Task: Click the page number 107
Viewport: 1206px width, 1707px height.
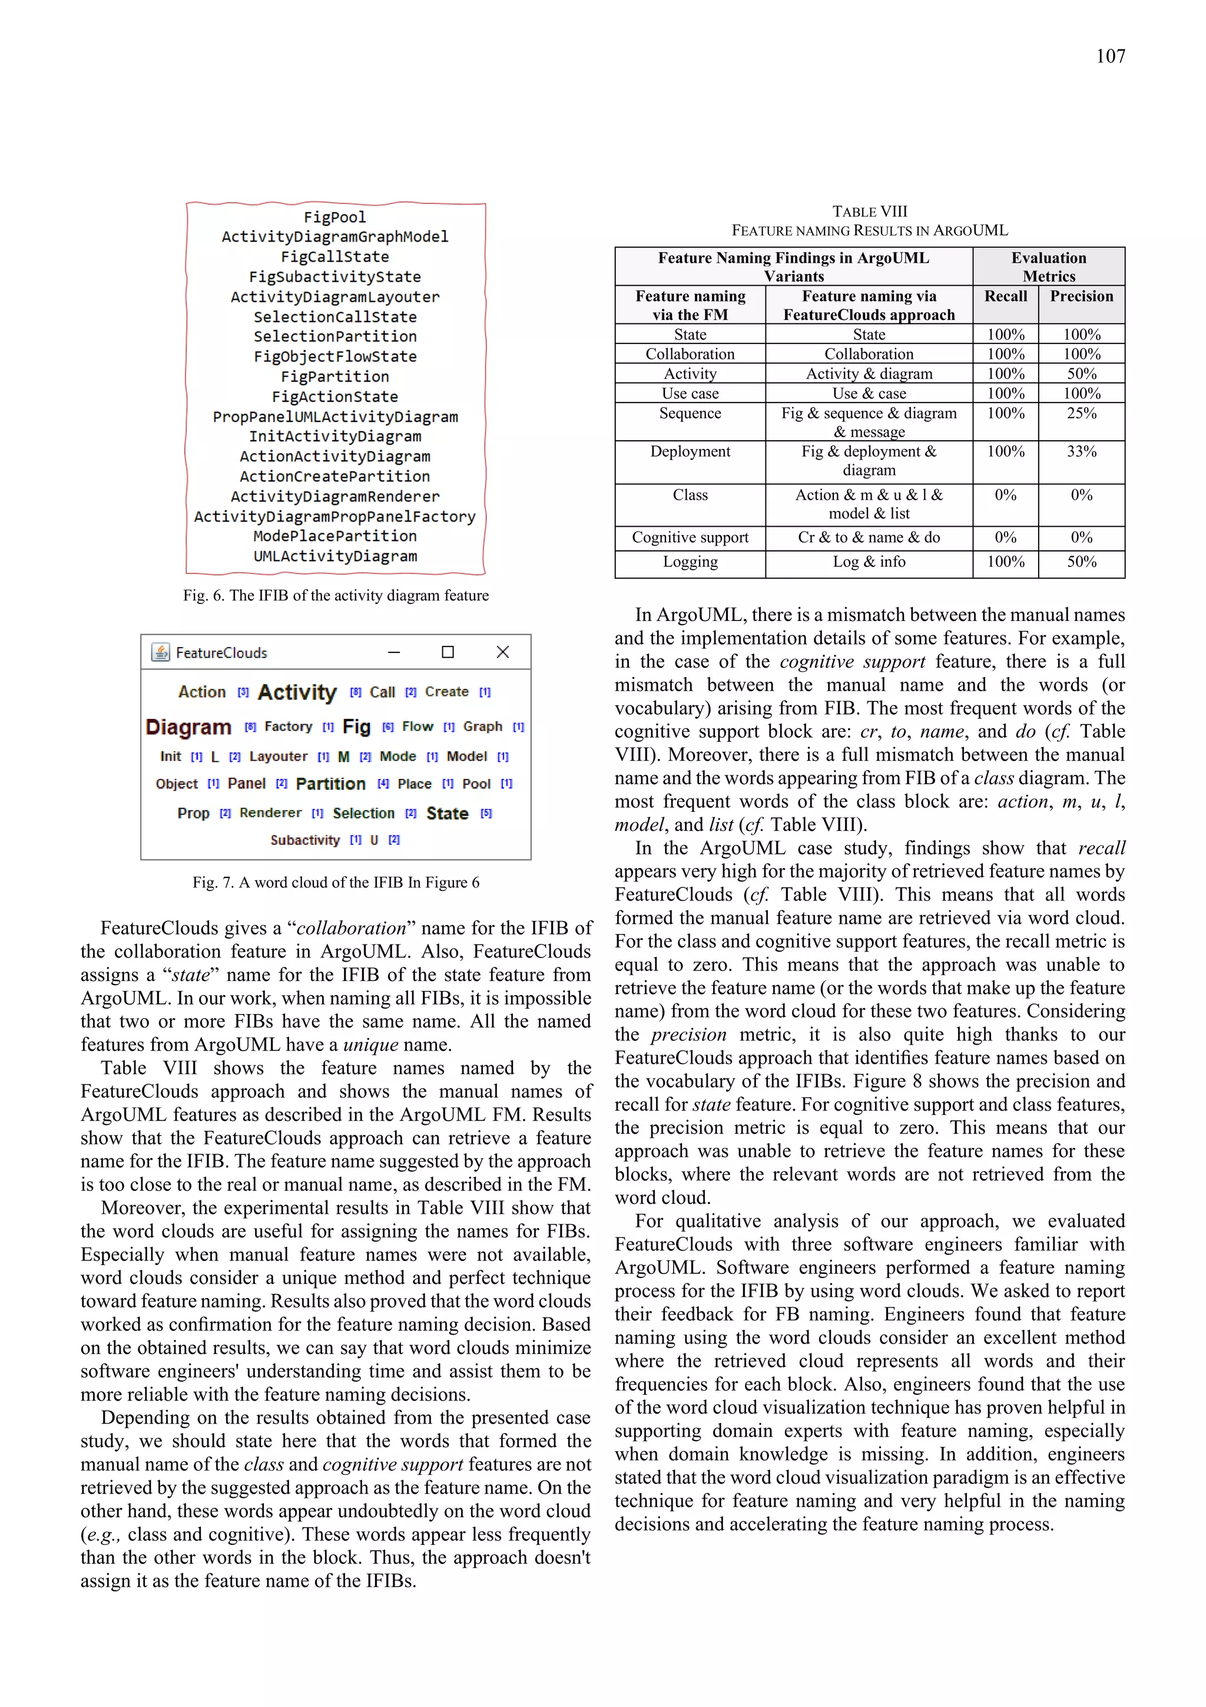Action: (1110, 57)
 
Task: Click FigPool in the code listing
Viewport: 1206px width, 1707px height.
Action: (334, 217)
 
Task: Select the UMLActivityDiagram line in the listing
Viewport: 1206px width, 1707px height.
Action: (334, 556)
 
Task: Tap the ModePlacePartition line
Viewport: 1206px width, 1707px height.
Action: (334, 536)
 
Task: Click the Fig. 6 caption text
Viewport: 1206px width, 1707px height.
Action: (336, 596)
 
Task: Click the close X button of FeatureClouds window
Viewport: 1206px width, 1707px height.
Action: (502, 652)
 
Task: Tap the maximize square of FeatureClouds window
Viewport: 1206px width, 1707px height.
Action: (448, 652)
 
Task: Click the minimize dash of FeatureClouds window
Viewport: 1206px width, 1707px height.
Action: (394, 652)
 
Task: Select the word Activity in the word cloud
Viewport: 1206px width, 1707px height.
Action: (297, 692)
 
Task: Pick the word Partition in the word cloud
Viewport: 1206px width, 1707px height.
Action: (331, 784)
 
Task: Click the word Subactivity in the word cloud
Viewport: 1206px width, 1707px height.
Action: (304, 840)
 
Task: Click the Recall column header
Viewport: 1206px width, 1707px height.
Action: (1005, 296)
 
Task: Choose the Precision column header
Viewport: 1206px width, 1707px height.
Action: (1081, 296)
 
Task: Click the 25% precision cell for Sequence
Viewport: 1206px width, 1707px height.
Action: (1081, 414)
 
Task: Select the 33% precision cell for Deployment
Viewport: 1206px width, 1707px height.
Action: (1081, 451)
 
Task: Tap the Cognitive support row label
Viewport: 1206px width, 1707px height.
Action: (690, 537)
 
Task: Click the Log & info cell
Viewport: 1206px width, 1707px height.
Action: (869, 562)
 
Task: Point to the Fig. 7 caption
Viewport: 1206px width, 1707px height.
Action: (336, 883)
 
